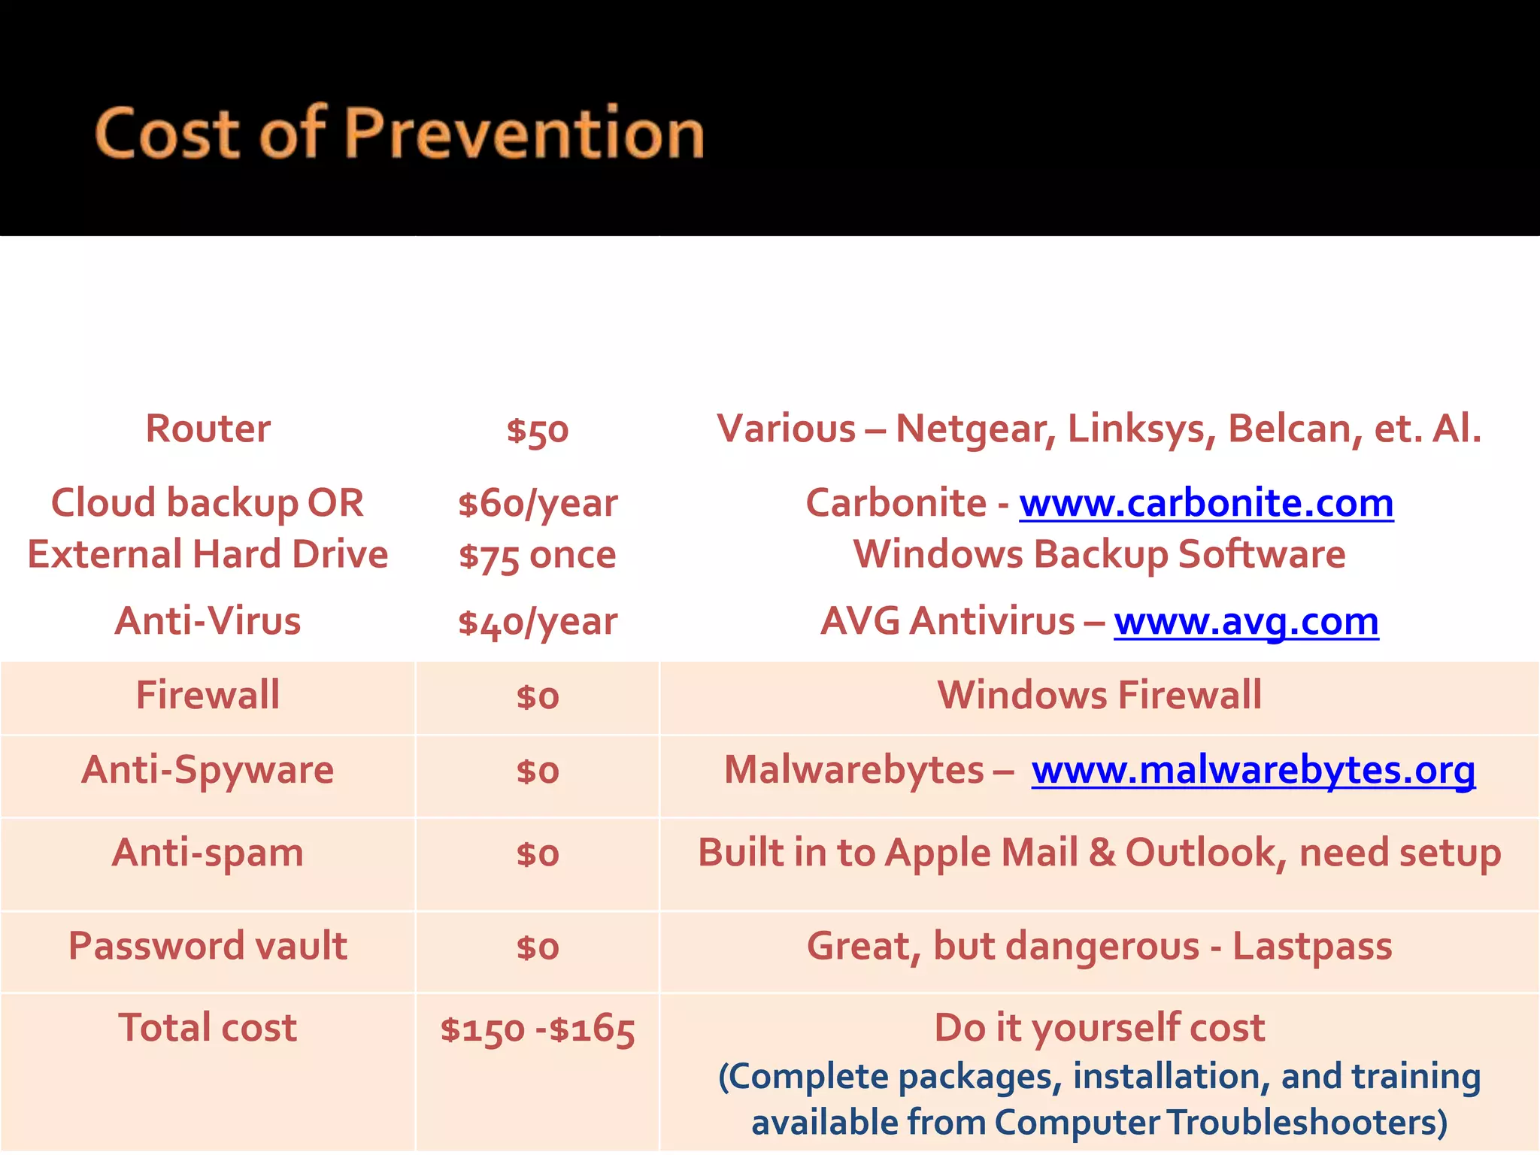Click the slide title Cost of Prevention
[x=399, y=133]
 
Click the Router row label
[x=208, y=429]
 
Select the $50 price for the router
[x=538, y=431]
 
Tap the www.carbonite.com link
[x=1206, y=503]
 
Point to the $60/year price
[x=538, y=504]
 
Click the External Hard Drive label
[x=208, y=554]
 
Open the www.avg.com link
[x=1246, y=622]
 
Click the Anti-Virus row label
[x=208, y=621]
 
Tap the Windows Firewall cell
[x=1099, y=695]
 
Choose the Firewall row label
[x=208, y=695]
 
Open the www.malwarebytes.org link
[x=1253, y=770]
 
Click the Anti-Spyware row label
[x=208, y=770]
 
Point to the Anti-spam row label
[x=208, y=853]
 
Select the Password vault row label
[x=208, y=946]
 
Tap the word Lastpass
[x=1312, y=947]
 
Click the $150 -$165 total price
[x=538, y=1029]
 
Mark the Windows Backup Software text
[x=1099, y=555]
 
